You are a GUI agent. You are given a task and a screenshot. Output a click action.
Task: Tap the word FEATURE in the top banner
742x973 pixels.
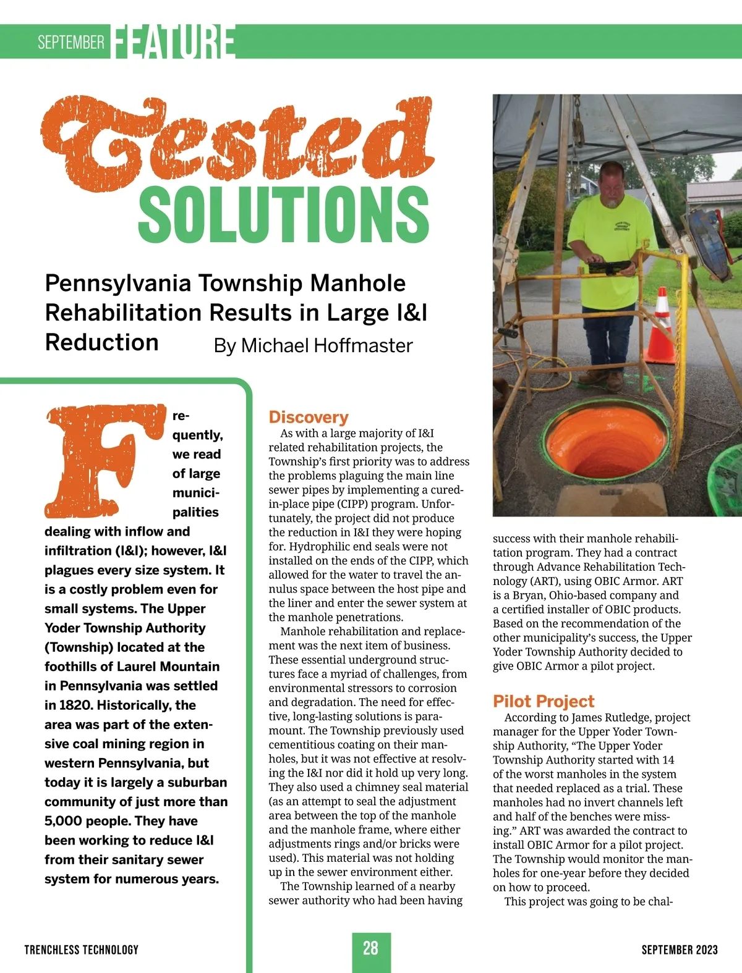coord(174,42)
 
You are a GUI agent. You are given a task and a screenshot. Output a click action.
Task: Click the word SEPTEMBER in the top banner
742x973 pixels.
coord(70,42)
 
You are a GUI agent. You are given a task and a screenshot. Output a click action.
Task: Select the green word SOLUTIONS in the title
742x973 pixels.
coord(284,214)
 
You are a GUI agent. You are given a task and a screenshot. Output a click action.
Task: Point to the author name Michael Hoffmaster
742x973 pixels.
coord(326,345)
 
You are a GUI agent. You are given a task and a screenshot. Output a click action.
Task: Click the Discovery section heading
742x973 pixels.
coord(309,417)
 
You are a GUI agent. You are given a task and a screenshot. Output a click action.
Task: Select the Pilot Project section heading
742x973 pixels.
coord(543,701)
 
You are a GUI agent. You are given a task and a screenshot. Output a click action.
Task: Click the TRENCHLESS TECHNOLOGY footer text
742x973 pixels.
coord(81,950)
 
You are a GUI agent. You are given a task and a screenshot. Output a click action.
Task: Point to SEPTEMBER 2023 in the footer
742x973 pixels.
coord(679,950)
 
